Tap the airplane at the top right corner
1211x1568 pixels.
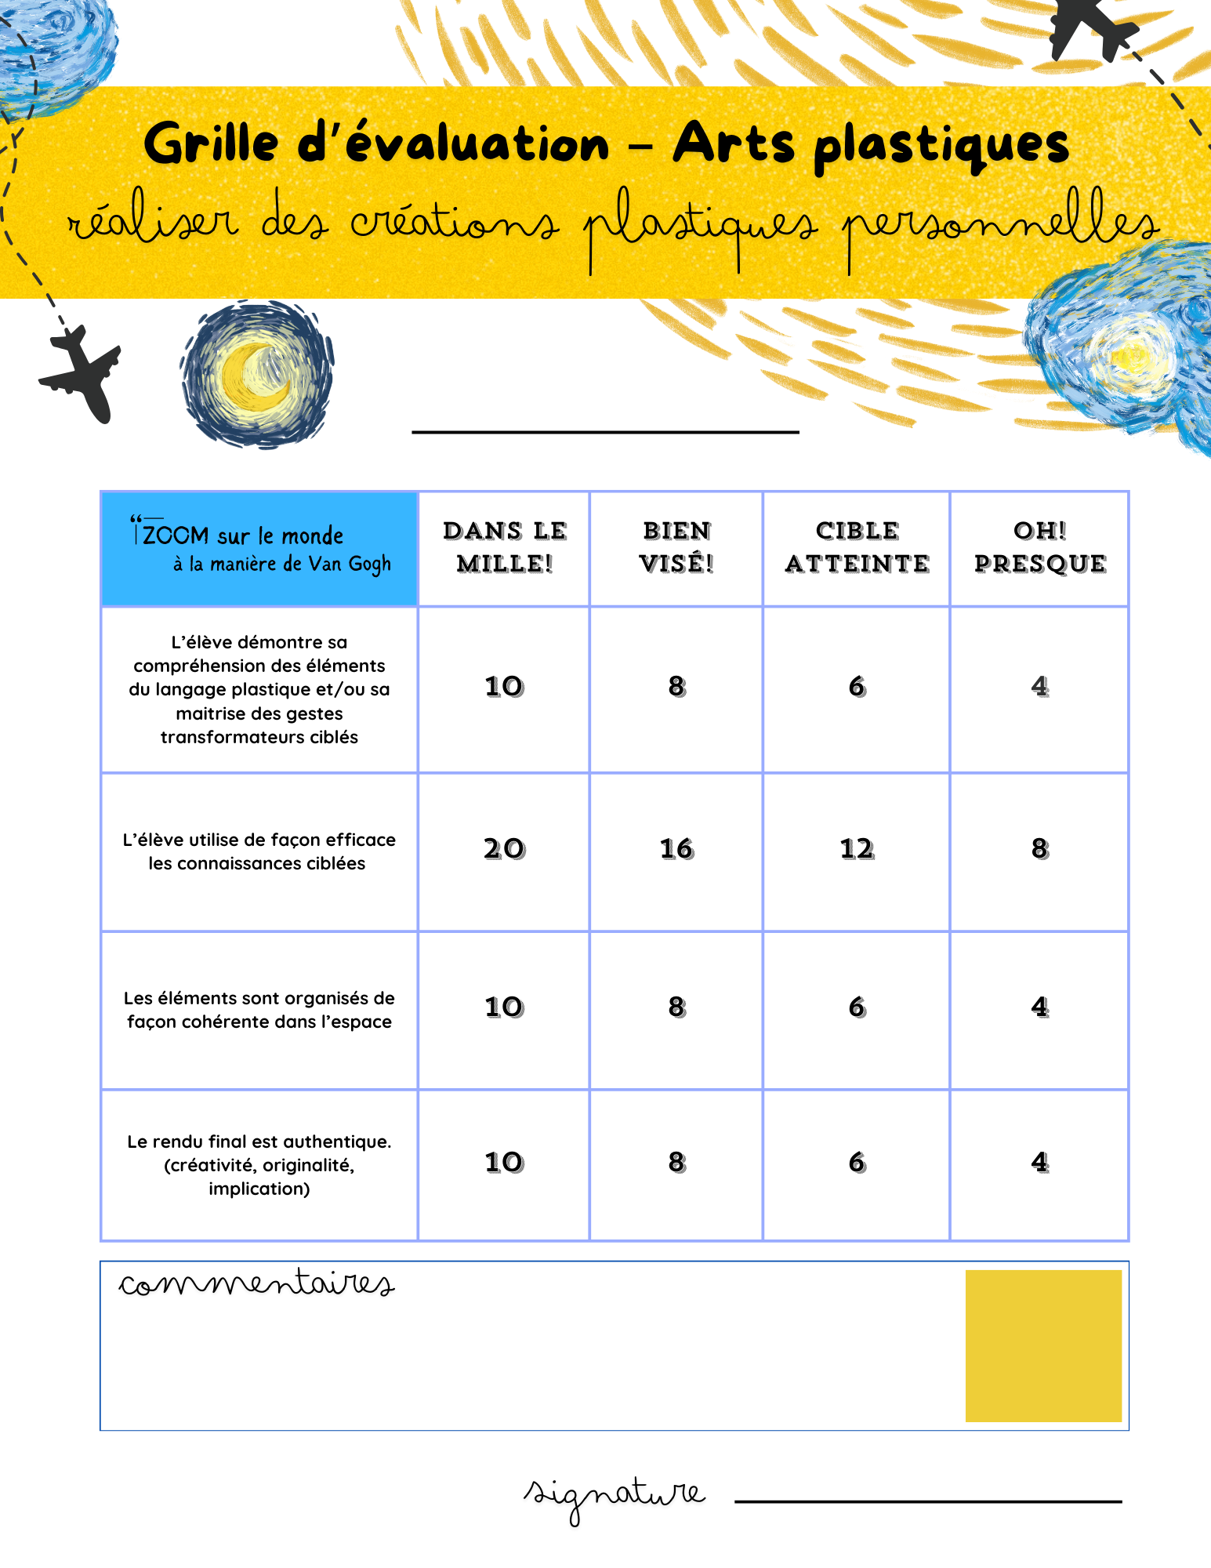tap(1092, 27)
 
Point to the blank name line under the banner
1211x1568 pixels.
tap(605, 430)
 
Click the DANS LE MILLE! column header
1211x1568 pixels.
tap(505, 547)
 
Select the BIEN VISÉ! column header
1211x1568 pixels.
tap(676, 547)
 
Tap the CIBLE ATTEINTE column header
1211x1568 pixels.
tap(857, 547)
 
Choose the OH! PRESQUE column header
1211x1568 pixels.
tap(1040, 547)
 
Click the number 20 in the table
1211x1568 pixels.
tap(504, 849)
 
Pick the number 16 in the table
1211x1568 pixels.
tap(676, 849)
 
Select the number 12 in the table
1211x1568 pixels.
tap(857, 849)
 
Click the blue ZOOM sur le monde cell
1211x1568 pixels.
tap(259, 549)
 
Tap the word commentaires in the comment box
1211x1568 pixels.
tap(256, 1284)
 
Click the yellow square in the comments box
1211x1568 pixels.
tap(1043, 1345)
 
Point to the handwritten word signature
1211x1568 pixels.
tap(615, 1495)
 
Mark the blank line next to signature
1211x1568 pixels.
tap(928, 1501)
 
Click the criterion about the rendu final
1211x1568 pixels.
tap(259, 1165)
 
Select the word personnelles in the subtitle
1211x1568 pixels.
tap(1001, 224)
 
